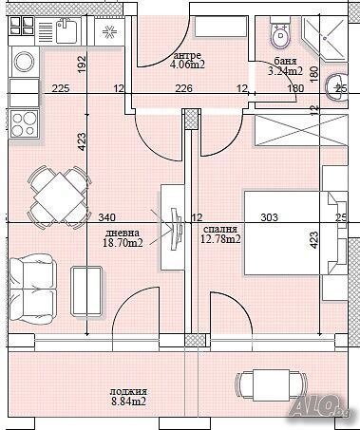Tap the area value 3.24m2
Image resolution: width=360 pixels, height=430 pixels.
click(284, 70)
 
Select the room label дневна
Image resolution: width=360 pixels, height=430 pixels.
click(122, 233)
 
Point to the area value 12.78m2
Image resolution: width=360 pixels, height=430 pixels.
click(220, 239)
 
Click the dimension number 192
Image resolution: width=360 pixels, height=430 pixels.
click(82, 65)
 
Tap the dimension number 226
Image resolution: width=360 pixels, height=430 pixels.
click(184, 89)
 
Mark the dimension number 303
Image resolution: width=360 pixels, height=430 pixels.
click(269, 217)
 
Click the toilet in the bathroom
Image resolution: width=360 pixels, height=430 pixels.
click(280, 37)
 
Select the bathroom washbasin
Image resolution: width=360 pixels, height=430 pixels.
click(336, 88)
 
